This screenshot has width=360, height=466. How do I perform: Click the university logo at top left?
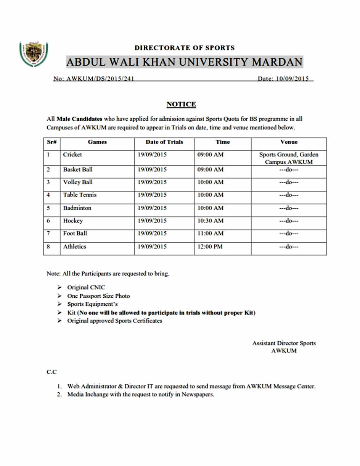click(34, 54)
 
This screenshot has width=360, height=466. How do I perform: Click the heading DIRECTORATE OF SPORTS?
click(185, 48)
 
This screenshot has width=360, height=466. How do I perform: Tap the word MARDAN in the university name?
click(276, 62)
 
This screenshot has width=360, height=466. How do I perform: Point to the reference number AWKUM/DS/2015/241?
click(100, 79)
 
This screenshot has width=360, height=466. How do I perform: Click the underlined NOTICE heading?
click(181, 104)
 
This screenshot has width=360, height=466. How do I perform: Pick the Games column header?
click(97, 142)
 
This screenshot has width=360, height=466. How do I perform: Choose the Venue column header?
click(289, 142)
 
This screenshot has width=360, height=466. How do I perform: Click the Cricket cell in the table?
click(72, 155)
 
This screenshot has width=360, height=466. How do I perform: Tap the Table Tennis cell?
click(80, 195)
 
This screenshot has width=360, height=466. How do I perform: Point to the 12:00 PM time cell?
click(210, 247)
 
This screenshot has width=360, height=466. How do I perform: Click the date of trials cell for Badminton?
click(152, 208)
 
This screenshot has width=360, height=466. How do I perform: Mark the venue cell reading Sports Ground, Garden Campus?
click(289, 158)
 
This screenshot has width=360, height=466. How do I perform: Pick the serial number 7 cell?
click(48, 233)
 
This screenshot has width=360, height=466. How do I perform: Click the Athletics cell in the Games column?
click(75, 247)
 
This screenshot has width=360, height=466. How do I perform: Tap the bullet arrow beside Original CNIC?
click(59, 287)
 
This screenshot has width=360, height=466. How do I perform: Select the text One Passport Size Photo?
click(98, 296)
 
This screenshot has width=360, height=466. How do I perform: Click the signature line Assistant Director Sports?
click(284, 343)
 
